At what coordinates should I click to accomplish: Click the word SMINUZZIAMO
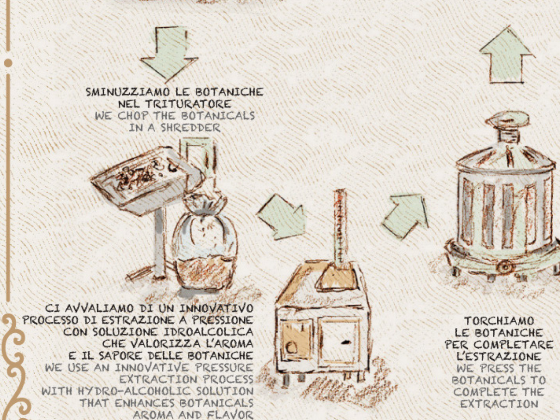pos(128,92)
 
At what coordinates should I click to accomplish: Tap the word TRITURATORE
pos(188,104)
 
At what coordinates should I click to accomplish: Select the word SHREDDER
pos(190,128)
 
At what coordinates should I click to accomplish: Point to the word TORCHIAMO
pos(499,321)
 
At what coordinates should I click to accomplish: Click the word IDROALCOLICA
pos(208,332)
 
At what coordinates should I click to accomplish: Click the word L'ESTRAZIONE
pos(499,356)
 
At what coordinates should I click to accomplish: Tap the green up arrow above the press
pos(507,55)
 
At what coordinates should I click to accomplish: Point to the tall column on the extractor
pos(340,228)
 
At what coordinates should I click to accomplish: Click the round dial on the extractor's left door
pos(291,348)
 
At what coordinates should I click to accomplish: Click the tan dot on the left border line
pos(8,63)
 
